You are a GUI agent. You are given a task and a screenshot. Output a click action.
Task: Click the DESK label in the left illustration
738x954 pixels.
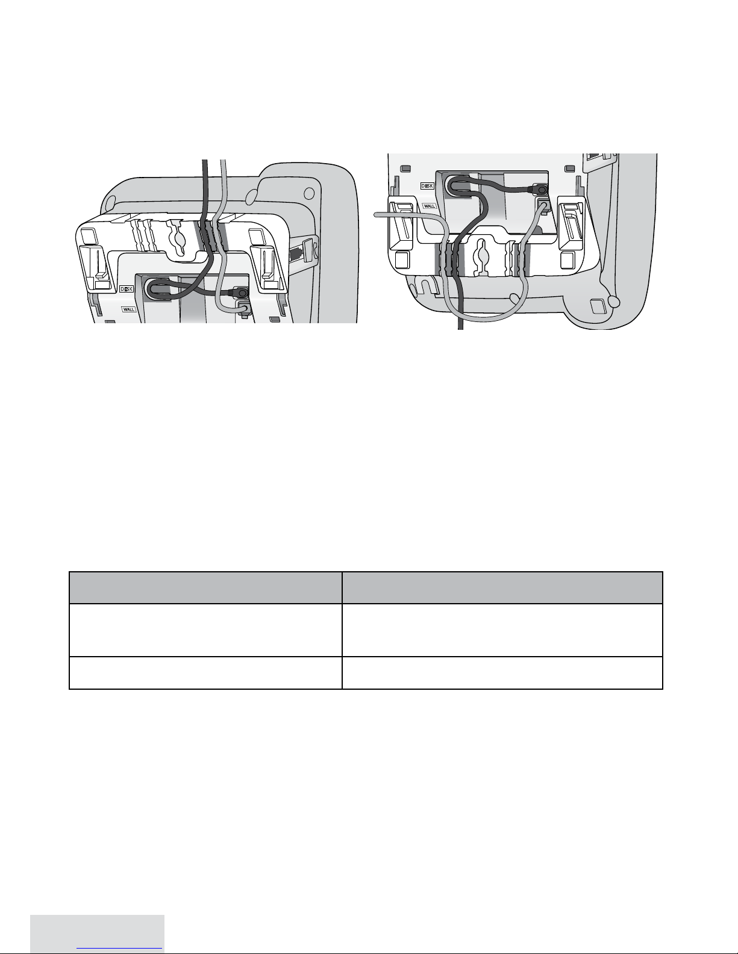coord(126,289)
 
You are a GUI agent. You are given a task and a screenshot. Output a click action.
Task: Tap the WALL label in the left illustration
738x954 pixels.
coord(129,309)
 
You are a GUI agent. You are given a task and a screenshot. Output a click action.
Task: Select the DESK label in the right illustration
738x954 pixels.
coord(427,186)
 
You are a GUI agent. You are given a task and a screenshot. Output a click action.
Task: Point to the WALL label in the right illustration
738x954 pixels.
coord(429,206)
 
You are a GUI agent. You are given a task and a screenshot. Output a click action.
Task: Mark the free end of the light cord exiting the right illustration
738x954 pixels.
coord(375,214)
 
